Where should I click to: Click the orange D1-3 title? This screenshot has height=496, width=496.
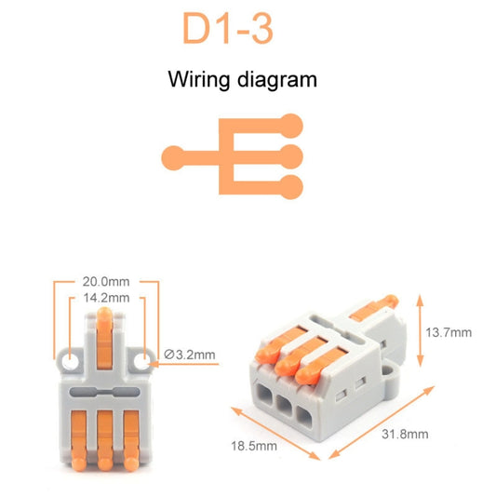[228, 30]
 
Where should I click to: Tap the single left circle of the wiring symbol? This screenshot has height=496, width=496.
[171, 154]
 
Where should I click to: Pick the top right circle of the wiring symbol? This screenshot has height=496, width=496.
[293, 123]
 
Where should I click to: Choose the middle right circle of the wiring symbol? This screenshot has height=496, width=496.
[293, 154]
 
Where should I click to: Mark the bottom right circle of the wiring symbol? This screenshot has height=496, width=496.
[293, 184]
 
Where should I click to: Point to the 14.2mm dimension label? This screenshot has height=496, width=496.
[106, 299]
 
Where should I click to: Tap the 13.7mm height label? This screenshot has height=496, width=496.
[448, 332]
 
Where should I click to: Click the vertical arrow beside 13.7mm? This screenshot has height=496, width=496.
[421, 332]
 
